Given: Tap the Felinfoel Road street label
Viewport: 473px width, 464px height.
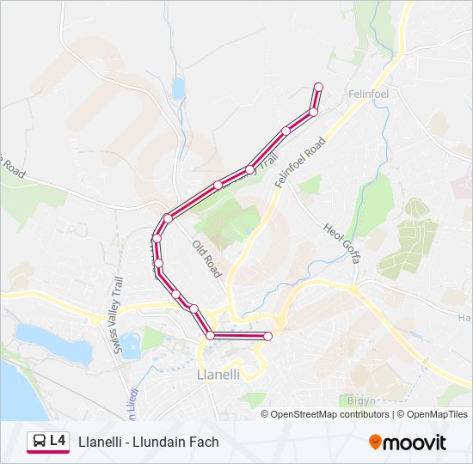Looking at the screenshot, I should tap(300, 162).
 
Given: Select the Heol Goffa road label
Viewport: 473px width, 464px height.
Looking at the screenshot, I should tap(341, 242).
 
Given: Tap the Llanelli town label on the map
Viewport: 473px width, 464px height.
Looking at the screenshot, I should tap(218, 375).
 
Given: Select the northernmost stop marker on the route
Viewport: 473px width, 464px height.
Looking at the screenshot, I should tap(318, 87).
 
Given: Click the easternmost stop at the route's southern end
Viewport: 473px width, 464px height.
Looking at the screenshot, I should tap(267, 336).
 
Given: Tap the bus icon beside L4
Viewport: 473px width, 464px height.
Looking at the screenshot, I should tap(39, 442).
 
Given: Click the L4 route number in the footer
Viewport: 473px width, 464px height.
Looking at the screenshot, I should tap(58, 441).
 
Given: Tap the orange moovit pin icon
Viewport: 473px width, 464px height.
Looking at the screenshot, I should tap(375, 442).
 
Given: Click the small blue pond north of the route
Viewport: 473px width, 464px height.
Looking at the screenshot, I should tap(178, 88).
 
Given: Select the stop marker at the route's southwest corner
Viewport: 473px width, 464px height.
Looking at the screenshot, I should tap(210, 335).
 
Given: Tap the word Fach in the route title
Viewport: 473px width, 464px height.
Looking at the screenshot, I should tap(204, 442).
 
